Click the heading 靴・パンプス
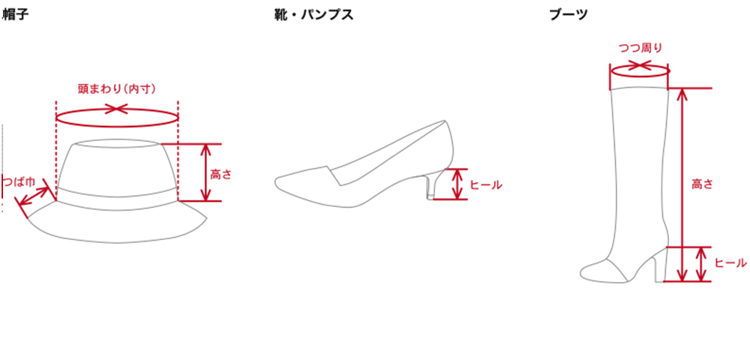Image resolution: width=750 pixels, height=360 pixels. pos(313,13)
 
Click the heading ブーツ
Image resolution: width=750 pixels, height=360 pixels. pos(568,13)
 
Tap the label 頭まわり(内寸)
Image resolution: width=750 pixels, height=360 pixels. pos(116,88)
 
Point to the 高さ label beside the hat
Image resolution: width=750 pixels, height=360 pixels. pos(221,174)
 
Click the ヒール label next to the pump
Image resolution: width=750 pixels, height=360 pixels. pos(485,184)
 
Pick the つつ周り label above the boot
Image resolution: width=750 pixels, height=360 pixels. pos(640,49)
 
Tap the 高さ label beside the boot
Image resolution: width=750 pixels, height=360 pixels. pos(702,182)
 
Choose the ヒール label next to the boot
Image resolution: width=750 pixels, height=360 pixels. pos(730,263)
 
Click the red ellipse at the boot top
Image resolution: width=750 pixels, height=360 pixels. pos(640,73)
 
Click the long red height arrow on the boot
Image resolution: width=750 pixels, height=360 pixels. pos(681,180)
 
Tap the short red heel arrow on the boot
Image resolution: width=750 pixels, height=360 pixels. pos(700,263)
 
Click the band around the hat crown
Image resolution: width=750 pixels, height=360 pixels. pos(116,194)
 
